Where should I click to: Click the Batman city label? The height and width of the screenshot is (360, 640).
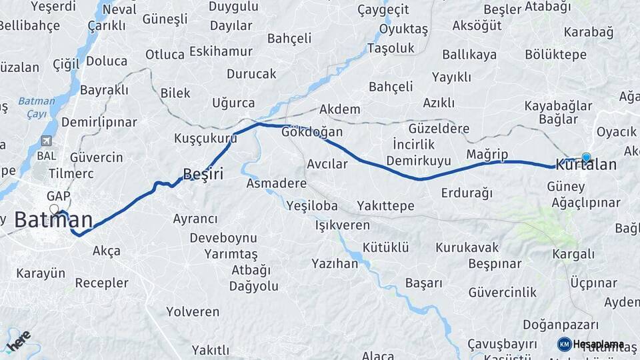[x=53, y=219]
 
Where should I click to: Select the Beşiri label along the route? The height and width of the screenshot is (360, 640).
[x=203, y=174]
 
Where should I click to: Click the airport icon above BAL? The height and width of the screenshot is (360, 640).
[x=45, y=141]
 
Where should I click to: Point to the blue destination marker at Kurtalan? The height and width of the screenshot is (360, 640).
[x=586, y=157]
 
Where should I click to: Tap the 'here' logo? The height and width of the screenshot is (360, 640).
[x=18, y=341]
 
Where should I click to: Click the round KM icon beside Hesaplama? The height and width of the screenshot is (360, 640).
[x=564, y=344]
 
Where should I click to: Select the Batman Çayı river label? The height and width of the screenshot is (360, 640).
[x=32, y=107]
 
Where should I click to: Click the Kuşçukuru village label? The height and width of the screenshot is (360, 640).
[x=205, y=139]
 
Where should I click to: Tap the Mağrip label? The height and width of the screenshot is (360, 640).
[x=487, y=155]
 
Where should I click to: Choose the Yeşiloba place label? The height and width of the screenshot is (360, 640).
[x=312, y=206]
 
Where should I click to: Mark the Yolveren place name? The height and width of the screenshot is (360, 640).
[x=193, y=311]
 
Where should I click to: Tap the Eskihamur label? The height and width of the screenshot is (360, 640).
[x=221, y=51]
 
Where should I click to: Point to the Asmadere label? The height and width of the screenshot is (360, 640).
[x=276, y=183]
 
